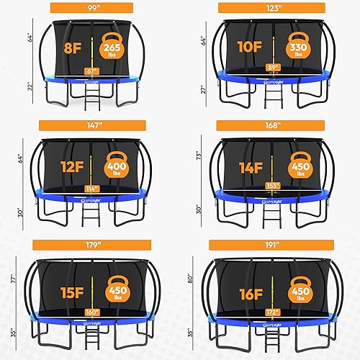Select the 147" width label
[x=91, y=125]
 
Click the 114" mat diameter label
[x=91, y=189]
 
